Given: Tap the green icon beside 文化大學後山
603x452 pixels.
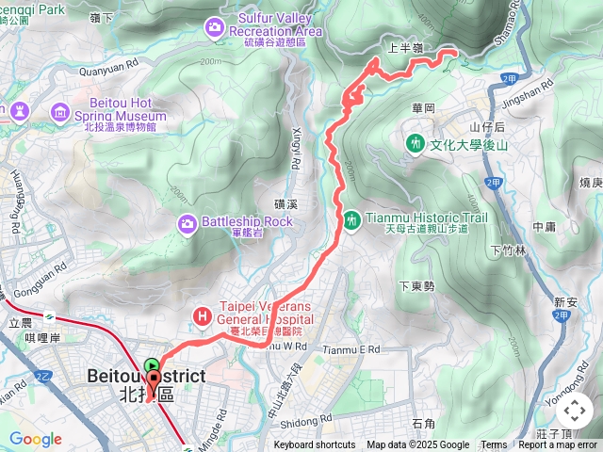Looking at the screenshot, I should click(416, 144).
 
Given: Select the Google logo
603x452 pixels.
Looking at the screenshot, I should click(35, 439).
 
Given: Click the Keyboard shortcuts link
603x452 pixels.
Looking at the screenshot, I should click(315, 445).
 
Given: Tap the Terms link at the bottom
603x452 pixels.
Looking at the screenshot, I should click(494, 445).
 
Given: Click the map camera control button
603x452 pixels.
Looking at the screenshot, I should click(573, 410).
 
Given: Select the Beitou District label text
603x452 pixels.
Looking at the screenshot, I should click(146, 377).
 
